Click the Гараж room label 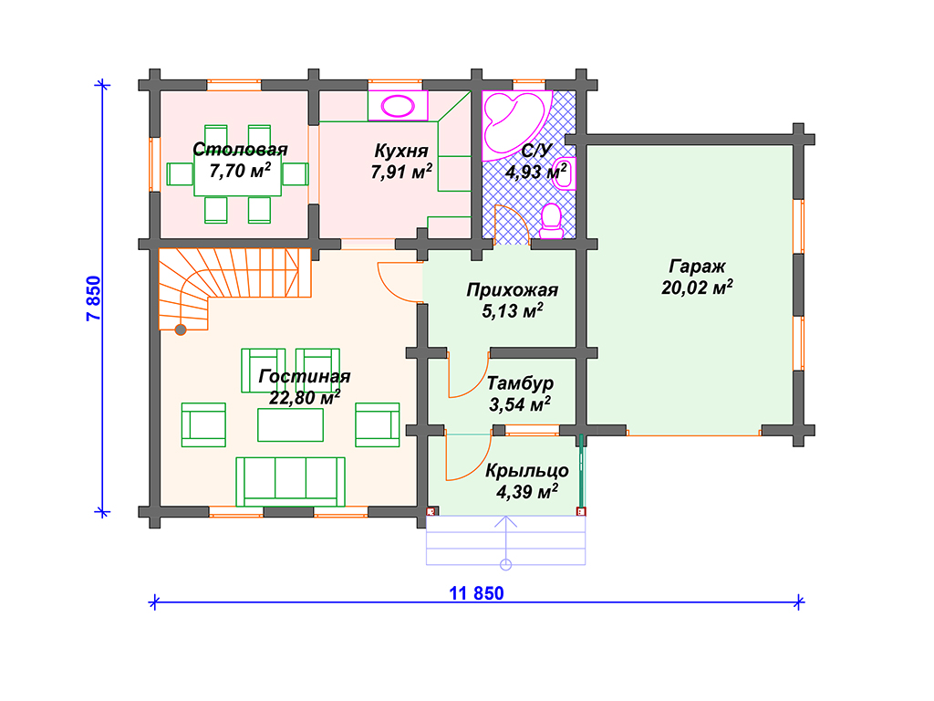point(697,267)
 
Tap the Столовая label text point(240,149)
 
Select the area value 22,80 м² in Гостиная point(305,397)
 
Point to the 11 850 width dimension point(476,593)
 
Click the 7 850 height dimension point(94,298)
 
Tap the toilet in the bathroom point(551,221)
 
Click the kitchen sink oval point(398,106)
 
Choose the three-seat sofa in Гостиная point(290,482)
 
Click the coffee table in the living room point(290,425)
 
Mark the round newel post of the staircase point(181,329)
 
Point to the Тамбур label point(520,382)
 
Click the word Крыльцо point(526,470)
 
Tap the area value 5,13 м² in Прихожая point(513,310)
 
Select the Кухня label point(401,151)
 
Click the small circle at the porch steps point(505,564)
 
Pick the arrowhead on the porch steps point(505,521)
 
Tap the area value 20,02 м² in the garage point(697,288)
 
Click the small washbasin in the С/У point(564,173)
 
